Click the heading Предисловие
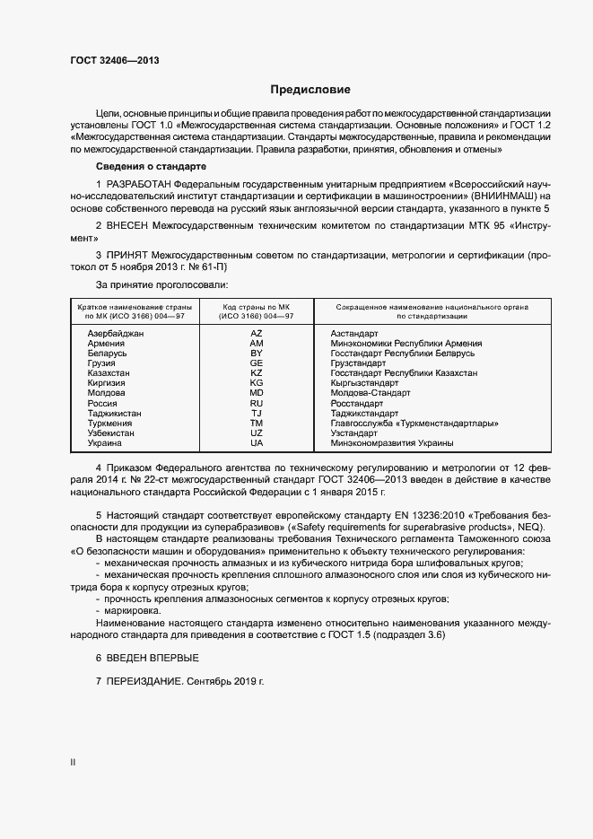(x=310, y=90)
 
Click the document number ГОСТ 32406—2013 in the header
(x=114, y=60)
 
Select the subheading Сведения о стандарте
(x=151, y=167)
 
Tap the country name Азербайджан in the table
(x=116, y=333)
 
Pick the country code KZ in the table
(x=257, y=372)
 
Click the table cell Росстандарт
(x=358, y=404)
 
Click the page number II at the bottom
(x=73, y=763)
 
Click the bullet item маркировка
(x=134, y=610)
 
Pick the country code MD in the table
(x=257, y=393)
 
